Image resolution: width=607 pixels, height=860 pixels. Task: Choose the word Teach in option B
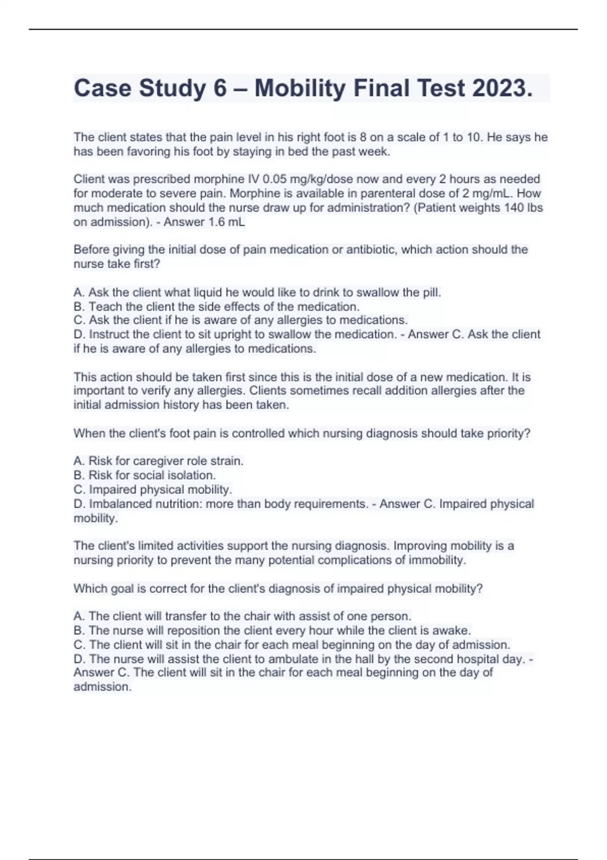(105, 307)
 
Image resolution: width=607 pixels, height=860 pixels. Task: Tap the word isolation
(191, 475)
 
